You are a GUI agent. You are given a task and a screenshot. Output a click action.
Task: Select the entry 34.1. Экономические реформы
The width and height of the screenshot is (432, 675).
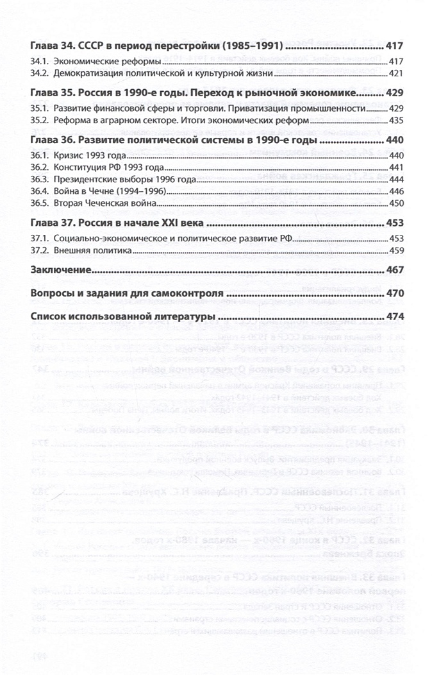coord(96,62)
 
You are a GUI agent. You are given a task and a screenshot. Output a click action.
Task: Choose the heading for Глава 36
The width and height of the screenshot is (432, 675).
coord(174,140)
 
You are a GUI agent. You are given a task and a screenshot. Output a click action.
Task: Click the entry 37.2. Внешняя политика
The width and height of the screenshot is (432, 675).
coord(83,250)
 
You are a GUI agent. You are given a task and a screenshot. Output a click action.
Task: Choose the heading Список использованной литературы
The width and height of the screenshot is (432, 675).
coord(122,317)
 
